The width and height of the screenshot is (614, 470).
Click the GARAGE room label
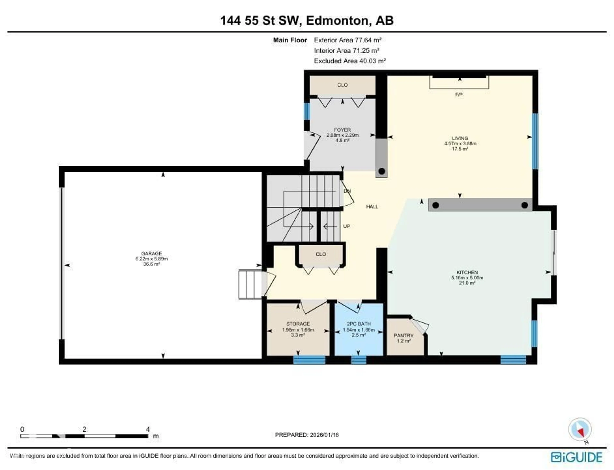click(x=152, y=253)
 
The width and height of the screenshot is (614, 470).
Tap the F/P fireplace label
click(x=459, y=95)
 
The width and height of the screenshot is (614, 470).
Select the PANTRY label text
click(x=403, y=335)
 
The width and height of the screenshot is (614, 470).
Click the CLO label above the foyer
click(x=342, y=85)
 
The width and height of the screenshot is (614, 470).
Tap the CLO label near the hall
click(x=321, y=254)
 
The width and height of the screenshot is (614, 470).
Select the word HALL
click(x=372, y=207)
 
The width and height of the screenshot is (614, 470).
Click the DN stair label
click(x=347, y=191)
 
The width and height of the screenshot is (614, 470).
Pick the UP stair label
click(x=346, y=226)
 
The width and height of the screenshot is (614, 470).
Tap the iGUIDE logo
click(x=576, y=457)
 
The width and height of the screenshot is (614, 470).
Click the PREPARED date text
click(x=307, y=435)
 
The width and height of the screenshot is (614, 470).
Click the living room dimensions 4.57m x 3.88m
click(x=460, y=144)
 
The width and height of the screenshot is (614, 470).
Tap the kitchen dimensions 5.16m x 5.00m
click(x=467, y=278)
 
